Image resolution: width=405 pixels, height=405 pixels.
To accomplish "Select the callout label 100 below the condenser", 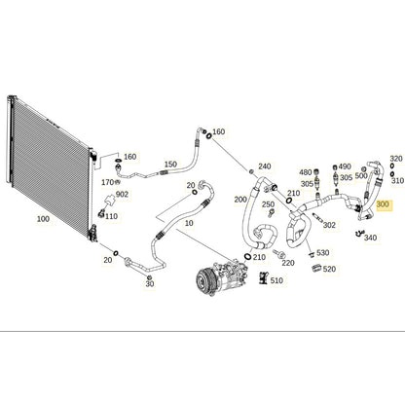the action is tap(43, 219).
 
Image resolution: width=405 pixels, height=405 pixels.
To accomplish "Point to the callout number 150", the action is tap(170, 165).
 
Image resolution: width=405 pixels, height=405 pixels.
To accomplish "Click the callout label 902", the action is tap(122, 194).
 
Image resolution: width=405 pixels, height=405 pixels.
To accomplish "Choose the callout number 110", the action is tap(111, 216).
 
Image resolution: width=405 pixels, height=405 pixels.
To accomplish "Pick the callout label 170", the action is tap(108, 182).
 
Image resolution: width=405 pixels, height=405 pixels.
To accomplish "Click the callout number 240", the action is tap(265, 166).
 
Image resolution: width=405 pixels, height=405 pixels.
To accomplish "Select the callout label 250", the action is tap(269, 204).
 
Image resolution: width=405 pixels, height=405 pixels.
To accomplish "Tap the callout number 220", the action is tap(288, 263).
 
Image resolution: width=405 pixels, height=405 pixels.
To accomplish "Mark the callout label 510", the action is tap(276, 280).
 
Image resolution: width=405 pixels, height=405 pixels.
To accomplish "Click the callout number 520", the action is tap(329, 269).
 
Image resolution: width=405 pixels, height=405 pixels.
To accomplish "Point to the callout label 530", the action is tap(323, 252).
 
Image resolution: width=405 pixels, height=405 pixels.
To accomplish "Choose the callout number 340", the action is tap(370, 238).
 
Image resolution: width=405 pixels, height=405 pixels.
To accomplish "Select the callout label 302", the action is tap(329, 225).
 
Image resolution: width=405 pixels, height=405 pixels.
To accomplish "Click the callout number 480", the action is tap(306, 172).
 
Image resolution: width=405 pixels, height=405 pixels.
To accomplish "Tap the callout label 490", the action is tap(345, 166).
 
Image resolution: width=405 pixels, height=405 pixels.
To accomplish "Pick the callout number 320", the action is tap(396, 159).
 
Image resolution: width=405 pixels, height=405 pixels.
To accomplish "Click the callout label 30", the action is tap(150, 284).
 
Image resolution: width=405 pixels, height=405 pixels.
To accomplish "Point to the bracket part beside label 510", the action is tap(263, 278).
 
